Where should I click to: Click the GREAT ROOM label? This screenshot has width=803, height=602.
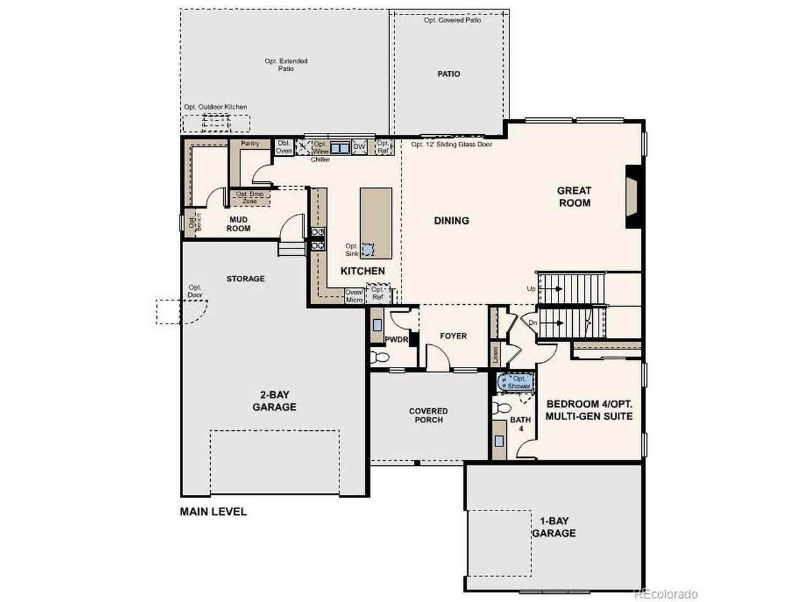(x=573, y=197)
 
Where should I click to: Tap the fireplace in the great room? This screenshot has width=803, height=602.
(x=633, y=197)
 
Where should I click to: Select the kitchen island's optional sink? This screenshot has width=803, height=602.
(x=368, y=250)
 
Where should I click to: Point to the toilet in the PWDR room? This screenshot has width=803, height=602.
(x=379, y=357)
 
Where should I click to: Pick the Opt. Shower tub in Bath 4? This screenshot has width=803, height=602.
(x=516, y=382)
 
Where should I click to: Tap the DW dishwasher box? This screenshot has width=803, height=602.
(x=359, y=147)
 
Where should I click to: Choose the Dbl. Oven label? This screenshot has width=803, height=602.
(x=284, y=147)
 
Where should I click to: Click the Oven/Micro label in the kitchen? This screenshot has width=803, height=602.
(x=354, y=296)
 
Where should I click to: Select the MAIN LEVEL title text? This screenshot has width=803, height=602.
(x=213, y=511)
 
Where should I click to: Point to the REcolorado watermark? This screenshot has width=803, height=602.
(x=666, y=594)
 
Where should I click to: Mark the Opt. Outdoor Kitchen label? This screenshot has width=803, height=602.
(x=215, y=107)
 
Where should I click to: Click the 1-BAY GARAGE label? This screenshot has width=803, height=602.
(x=554, y=527)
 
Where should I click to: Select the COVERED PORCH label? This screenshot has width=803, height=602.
(x=428, y=415)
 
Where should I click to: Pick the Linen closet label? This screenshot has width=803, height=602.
(x=496, y=354)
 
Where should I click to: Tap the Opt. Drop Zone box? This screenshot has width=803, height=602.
(x=250, y=198)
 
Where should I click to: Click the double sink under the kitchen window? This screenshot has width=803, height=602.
(x=340, y=147)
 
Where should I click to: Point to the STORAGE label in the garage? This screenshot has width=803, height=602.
(x=245, y=278)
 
